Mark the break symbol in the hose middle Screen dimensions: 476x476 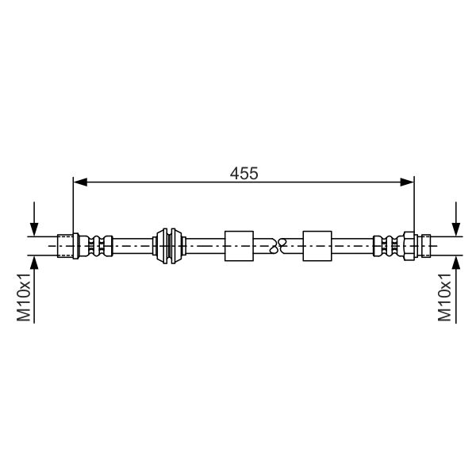click(x=277, y=245)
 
